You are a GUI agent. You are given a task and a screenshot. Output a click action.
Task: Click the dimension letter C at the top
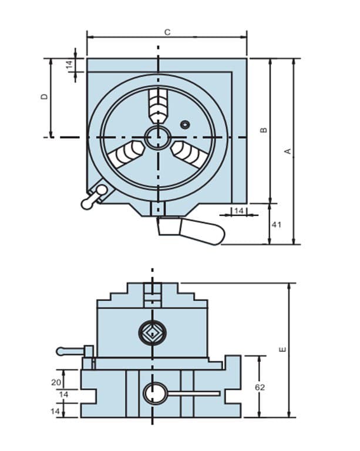(167, 32)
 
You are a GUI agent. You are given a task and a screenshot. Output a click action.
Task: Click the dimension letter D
(45, 97)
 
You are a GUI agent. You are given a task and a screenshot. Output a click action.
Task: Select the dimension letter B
(263, 130)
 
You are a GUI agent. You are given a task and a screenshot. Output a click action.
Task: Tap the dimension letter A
(288, 152)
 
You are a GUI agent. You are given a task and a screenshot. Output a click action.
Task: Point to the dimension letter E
(283, 350)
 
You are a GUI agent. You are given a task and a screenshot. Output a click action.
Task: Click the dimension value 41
(277, 225)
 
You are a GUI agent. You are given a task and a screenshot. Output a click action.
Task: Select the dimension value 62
(260, 388)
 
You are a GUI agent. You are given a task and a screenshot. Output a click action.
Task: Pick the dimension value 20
(56, 382)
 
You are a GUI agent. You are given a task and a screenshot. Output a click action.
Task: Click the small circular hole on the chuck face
(185, 124)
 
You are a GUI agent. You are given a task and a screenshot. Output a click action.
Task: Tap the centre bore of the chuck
(157, 137)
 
